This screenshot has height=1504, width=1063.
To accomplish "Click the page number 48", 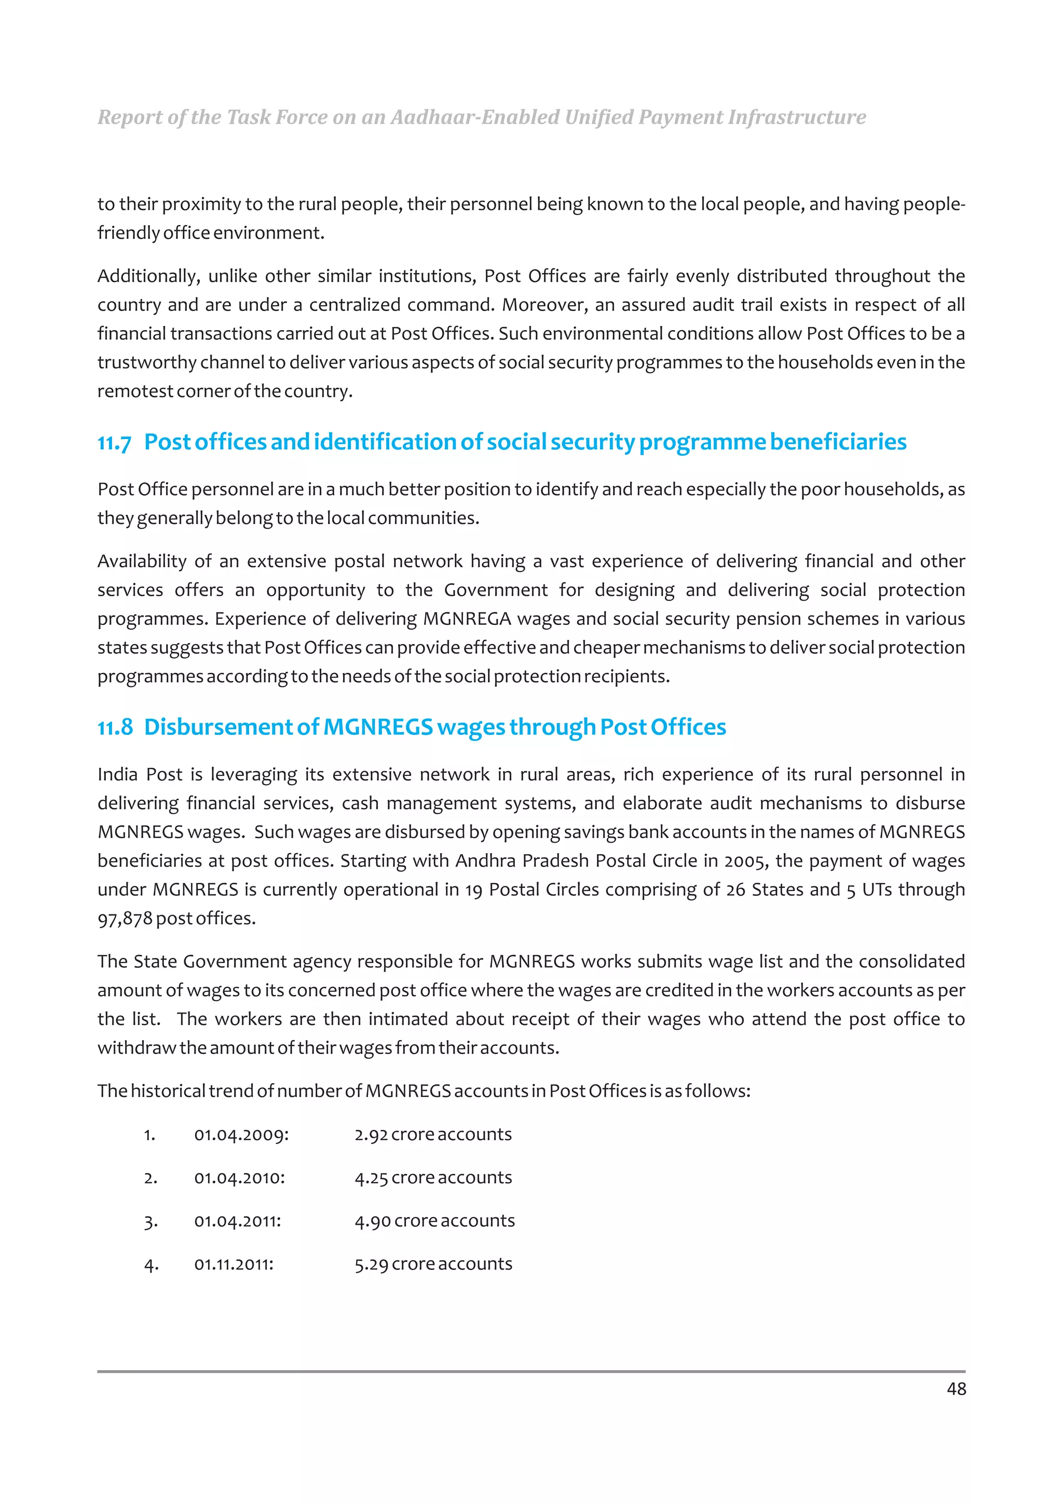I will coord(956,1389).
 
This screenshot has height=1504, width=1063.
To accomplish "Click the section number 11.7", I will coord(114,443).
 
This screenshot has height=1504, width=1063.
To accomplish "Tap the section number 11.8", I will coord(115,728).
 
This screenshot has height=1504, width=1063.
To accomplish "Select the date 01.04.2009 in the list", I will coord(241,1134).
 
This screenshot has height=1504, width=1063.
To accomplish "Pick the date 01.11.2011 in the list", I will coord(233,1264).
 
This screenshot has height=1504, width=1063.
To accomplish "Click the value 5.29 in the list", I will coord(371,1264).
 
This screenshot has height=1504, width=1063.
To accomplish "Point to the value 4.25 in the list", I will coord(371,1178).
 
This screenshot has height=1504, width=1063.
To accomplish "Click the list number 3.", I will coord(150,1222).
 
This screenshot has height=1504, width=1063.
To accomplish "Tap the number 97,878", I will coord(125,919).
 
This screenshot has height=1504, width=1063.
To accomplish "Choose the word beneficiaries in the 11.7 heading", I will coord(838,442).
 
